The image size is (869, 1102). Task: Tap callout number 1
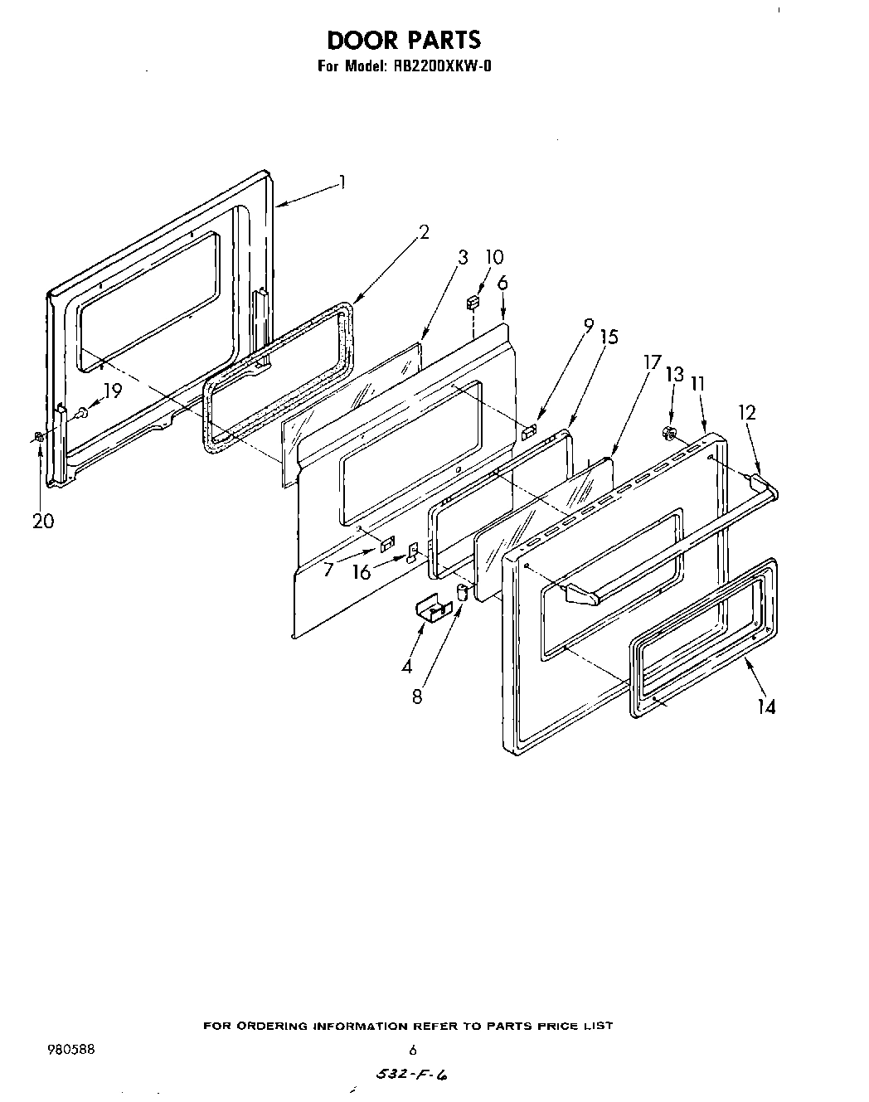pyautogui.click(x=342, y=182)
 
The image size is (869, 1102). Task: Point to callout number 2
pyautogui.click(x=424, y=232)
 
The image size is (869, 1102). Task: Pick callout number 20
pyautogui.click(x=43, y=521)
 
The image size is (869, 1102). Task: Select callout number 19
pyautogui.click(x=112, y=391)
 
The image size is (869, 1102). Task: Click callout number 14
pyautogui.click(x=767, y=706)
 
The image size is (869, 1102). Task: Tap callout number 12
pyautogui.click(x=747, y=412)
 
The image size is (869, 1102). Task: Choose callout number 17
pyautogui.click(x=652, y=362)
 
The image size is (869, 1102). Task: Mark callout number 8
pyautogui.click(x=417, y=697)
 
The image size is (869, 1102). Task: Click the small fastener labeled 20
pyautogui.click(x=39, y=437)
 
